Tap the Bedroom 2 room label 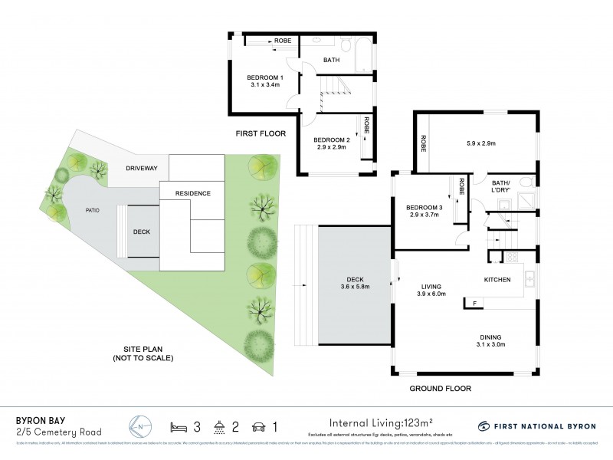(x=332, y=144)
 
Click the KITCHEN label (x=497, y=280)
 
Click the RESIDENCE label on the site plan (x=192, y=193)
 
